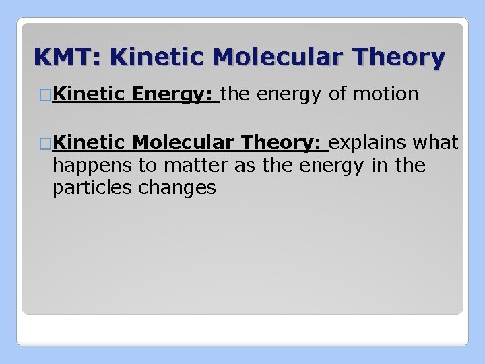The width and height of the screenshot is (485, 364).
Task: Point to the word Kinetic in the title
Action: tap(148, 57)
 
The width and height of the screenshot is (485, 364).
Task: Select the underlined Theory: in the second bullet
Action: tap(283, 142)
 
